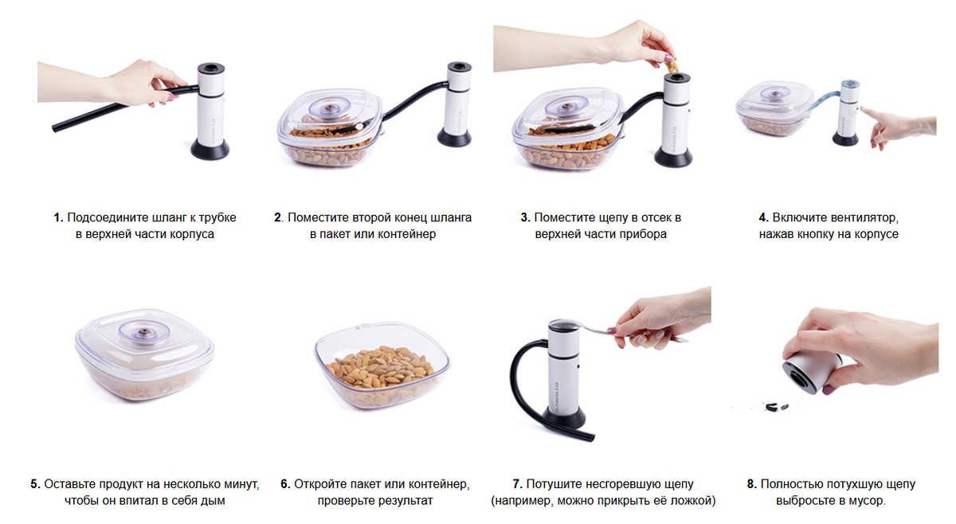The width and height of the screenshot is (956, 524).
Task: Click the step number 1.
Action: point(58,217)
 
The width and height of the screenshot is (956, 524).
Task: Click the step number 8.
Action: point(752,484)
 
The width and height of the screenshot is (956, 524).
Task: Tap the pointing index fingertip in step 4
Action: point(863,110)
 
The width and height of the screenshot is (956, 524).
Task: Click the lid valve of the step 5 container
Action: point(144,331)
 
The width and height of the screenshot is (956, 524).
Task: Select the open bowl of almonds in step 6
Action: point(382,366)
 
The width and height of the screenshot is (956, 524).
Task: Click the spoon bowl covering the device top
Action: point(563,326)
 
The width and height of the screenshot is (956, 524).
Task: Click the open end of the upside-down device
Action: point(800,379)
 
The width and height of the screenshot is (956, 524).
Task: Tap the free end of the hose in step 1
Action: point(55,127)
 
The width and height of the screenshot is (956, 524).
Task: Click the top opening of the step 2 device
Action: point(459,67)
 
